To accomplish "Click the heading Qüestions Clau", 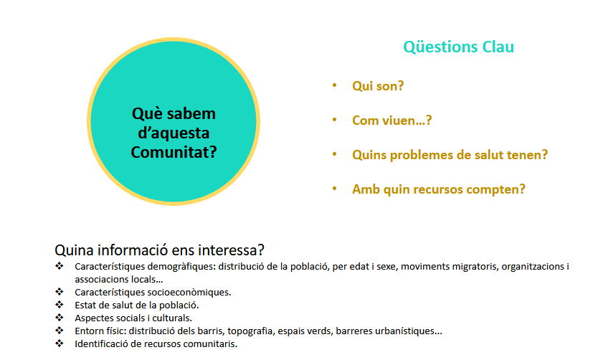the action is pos(458,47).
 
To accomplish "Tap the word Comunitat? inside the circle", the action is pos(174,152).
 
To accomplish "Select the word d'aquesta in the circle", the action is pos(174,133).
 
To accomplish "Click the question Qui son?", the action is pos(378,86).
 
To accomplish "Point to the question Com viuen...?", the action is pos(391,120).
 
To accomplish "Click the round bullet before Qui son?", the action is pos(334,85).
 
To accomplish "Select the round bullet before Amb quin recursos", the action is pos(334,189).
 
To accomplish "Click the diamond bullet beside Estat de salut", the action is pos(60,305).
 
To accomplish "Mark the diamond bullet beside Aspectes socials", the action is pos(60,317).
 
